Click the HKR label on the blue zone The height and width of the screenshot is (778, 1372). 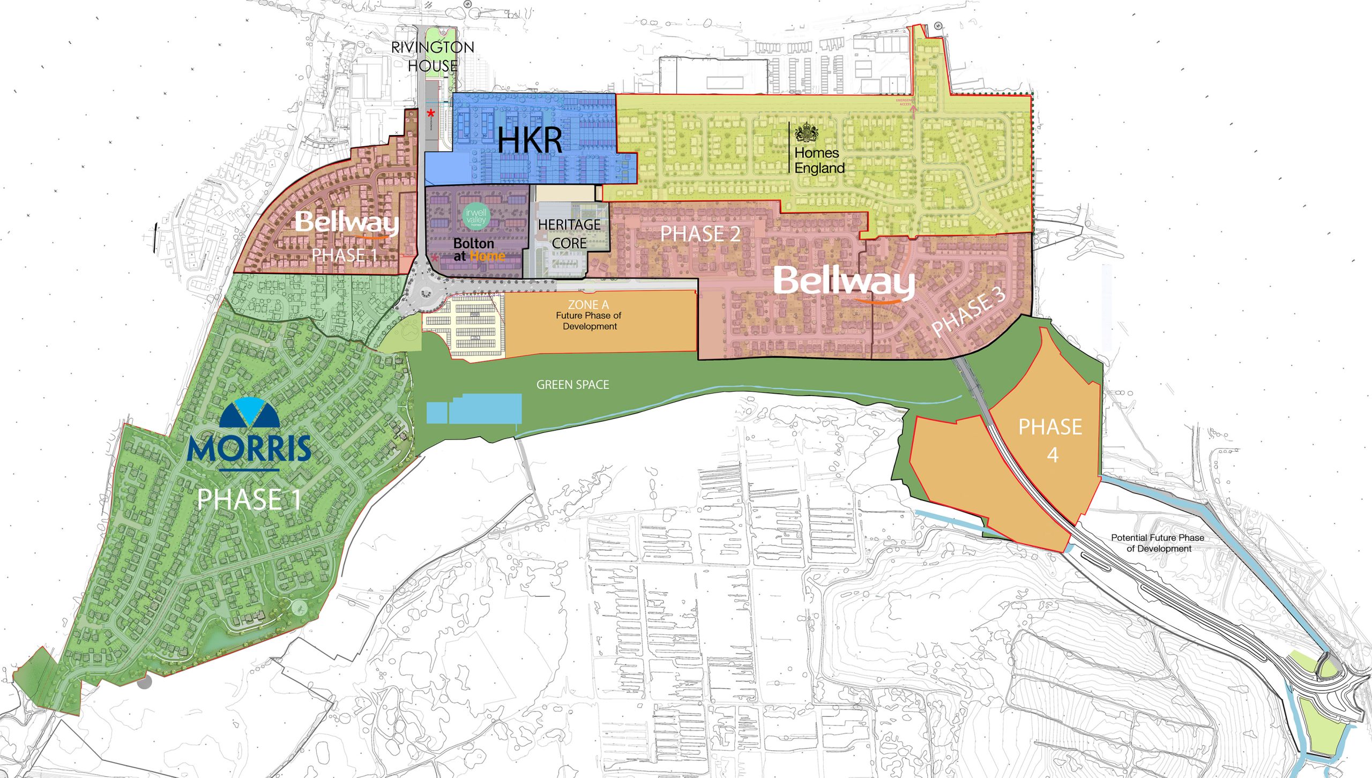tap(530, 141)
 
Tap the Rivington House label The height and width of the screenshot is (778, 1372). tap(433, 56)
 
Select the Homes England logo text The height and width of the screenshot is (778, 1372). tap(819, 160)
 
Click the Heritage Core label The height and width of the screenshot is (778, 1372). tap(569, 234)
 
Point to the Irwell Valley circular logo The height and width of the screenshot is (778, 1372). tap(476, 216)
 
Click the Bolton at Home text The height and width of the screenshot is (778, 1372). tap(479, 250)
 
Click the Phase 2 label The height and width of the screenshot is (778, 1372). tap(700, 234)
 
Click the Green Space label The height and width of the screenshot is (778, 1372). tap(572, 385)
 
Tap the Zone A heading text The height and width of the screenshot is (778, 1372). tap(588, 304)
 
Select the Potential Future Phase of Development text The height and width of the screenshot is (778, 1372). tap(1158, 543)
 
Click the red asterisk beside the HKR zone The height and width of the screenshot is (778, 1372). tap(431, 113)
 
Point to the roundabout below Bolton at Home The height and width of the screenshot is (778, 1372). tap(425, 292)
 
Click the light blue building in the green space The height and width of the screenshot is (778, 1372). tap(485, 409)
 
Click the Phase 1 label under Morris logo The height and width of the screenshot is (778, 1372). tap(249, 499)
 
